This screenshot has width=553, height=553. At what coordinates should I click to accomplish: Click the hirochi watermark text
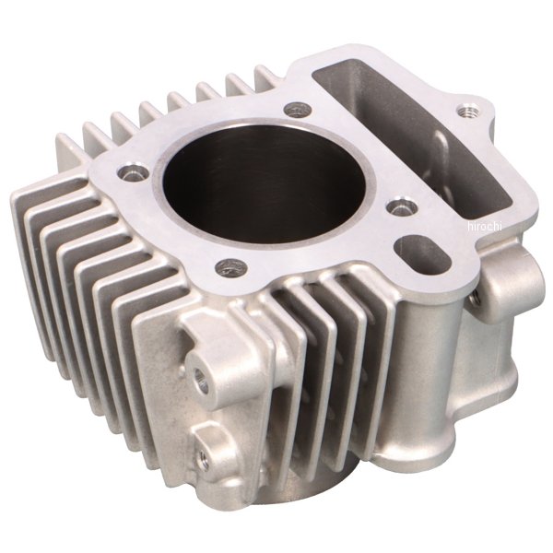484,227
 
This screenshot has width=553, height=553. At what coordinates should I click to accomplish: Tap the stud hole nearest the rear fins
297,110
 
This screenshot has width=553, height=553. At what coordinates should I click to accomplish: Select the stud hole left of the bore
134,173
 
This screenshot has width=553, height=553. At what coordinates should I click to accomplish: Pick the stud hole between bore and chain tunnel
400,207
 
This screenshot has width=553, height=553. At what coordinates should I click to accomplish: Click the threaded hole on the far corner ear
467,112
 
